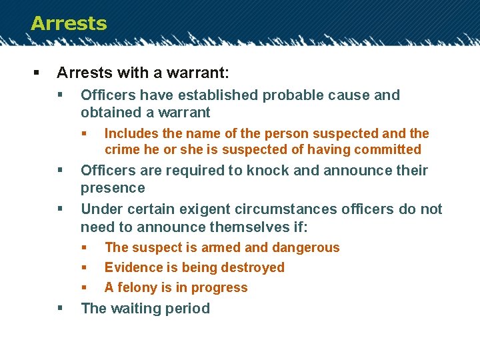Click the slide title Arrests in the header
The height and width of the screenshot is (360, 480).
[69, 23]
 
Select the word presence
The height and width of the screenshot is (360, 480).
[113, 188]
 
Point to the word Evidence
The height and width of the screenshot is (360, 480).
[134, 268]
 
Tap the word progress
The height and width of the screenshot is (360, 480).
[220, 289]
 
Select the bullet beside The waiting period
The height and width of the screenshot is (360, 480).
[61, 309]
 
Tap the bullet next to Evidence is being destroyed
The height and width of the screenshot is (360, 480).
[85, 268]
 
